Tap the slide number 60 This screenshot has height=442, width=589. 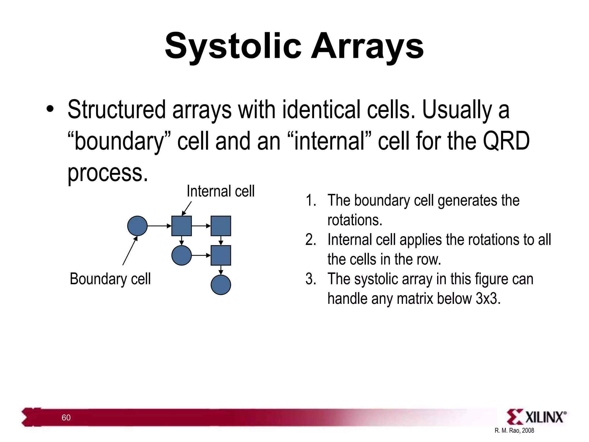66,418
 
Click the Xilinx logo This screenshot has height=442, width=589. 536,417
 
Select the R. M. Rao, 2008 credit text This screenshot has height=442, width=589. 514,430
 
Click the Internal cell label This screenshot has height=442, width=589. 221,191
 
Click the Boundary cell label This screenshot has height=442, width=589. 110,279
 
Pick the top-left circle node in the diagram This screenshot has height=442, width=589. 137,226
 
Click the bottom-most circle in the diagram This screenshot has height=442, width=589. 221,285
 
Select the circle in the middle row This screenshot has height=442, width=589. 181,255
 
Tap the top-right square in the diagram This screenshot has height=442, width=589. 221,226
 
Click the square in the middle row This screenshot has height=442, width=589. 221,255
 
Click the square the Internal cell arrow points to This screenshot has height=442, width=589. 181,226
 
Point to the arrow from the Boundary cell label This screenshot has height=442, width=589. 130,250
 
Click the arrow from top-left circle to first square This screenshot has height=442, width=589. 159,226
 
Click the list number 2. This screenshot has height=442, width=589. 310,240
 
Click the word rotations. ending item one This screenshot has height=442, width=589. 355,220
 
